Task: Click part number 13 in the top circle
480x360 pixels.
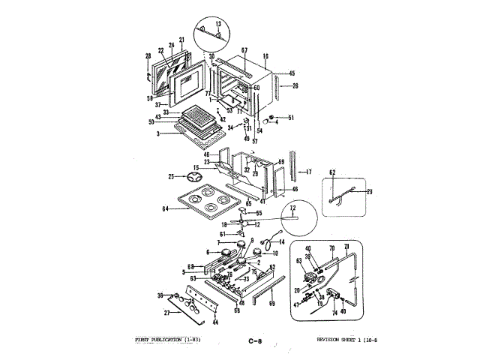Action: [218, 24]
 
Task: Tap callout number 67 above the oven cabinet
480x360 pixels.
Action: [244, 50]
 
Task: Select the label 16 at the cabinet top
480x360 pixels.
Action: [265, 56]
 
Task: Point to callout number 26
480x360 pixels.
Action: [294, 85]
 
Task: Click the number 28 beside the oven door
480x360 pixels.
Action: [148, 56]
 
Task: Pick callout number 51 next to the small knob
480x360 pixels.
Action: [291, 118]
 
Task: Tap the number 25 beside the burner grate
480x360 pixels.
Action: [171, 176]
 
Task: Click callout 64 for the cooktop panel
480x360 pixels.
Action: [166, 208]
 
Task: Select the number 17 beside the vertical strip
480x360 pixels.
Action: [307, 172]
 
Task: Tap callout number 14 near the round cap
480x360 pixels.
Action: [282, 242]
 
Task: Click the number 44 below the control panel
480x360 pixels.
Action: [215, 322]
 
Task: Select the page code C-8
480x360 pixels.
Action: [255, 341]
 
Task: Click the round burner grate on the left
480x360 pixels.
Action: [196, 177]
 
